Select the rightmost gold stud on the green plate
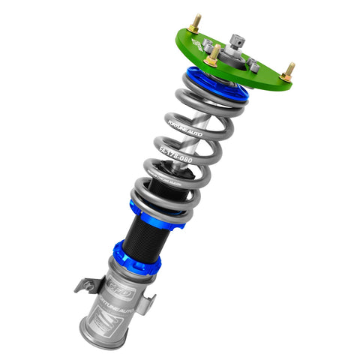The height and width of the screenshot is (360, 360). click(x=289, y=71)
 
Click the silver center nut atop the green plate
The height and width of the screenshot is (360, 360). click(x=238, y=44)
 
